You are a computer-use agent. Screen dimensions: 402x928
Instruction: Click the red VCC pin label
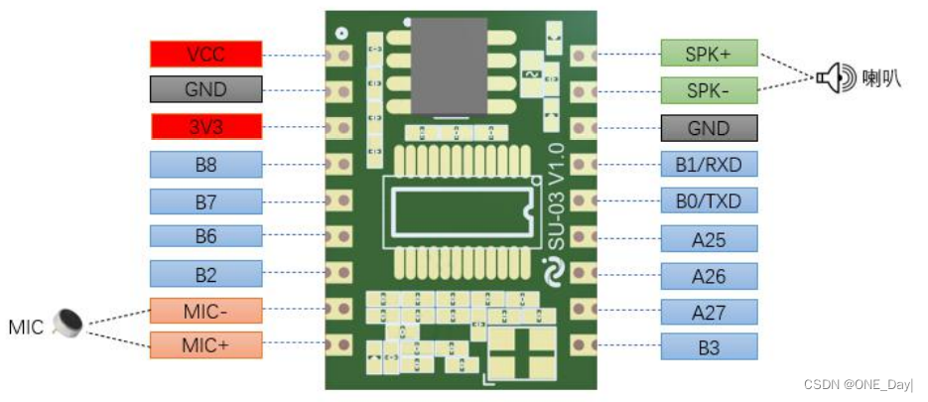click(205, 54)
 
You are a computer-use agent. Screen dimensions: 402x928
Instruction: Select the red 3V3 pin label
click(205, 127)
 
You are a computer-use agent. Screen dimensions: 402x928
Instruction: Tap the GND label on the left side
click(205, 89)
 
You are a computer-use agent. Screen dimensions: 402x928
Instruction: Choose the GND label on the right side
click(709, 127)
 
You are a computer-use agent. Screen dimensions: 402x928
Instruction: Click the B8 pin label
click(205, 164)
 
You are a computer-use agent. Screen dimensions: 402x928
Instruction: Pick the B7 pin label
click(205, 201)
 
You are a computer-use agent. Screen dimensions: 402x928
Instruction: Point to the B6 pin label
click(205, 236)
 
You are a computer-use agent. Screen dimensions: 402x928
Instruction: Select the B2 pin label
click(205, 273)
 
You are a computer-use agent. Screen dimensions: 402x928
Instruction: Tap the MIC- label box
click(205, 310)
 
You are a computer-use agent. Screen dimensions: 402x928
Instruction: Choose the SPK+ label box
click(709, 53)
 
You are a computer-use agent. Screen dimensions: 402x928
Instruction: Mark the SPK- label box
click(709, 89)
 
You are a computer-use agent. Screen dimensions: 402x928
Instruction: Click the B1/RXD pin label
click(709, 164)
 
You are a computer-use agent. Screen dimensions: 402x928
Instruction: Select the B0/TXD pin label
click(709, 201)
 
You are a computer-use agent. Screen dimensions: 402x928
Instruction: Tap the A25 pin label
click(709, 237)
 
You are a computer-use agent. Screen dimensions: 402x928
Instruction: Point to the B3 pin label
click(709, 346)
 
